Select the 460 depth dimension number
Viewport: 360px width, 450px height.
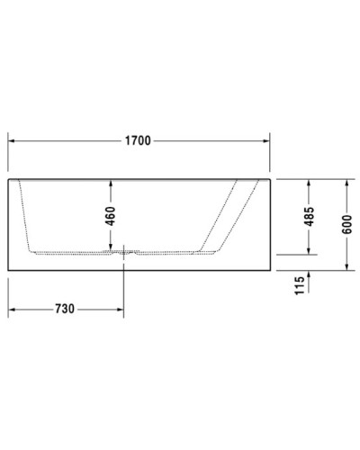point(111,215)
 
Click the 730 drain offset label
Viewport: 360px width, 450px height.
point(65,308)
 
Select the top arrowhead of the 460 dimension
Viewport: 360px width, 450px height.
point(111,182)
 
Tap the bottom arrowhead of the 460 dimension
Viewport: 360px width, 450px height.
point(111,247)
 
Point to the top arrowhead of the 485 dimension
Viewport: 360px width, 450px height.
point(310,182)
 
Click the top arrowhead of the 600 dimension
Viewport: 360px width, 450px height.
point(347,182)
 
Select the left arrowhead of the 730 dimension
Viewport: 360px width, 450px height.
point(12,308)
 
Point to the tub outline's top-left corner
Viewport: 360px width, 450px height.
point(8,178)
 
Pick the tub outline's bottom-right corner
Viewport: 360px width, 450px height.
point(270,269)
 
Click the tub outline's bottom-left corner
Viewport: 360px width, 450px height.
point(8,269)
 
